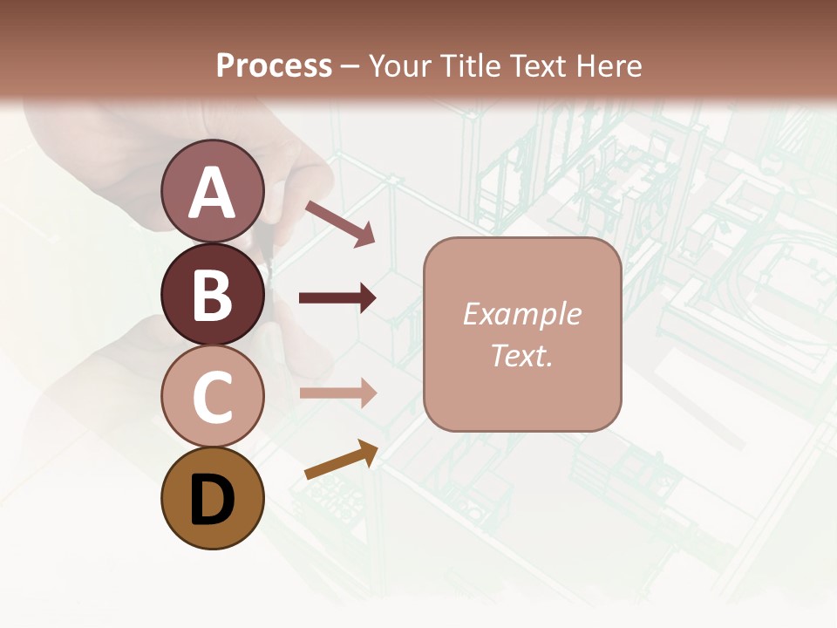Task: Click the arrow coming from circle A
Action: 339,222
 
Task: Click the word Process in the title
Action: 274,65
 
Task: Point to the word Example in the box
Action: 521,314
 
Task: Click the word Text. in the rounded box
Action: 521,355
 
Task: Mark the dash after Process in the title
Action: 350,66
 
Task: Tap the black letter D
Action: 212,502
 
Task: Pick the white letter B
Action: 212,295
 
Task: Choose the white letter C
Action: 212,397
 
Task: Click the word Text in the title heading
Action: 533,65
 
